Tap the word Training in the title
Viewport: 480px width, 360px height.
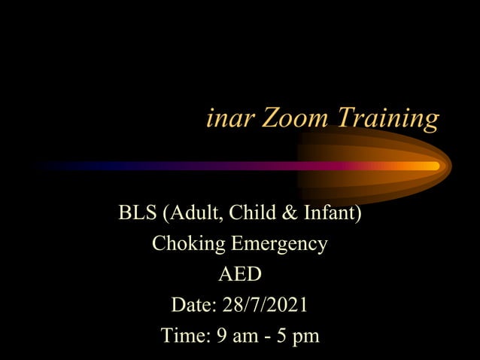(x=387, y=119)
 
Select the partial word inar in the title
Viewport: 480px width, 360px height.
(x=229, y=117)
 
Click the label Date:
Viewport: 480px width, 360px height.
(x=193, y=306)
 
